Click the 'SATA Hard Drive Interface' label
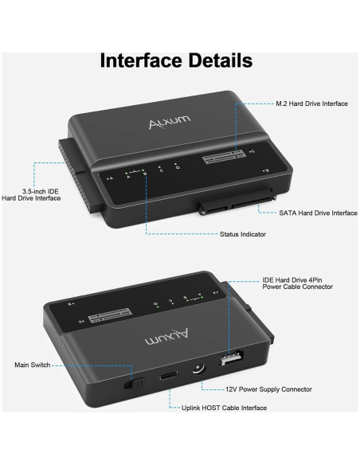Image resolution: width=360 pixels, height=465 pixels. point(318,213)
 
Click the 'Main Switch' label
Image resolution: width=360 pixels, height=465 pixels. point(32,365)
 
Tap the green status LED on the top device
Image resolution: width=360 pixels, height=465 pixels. point(160,168)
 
